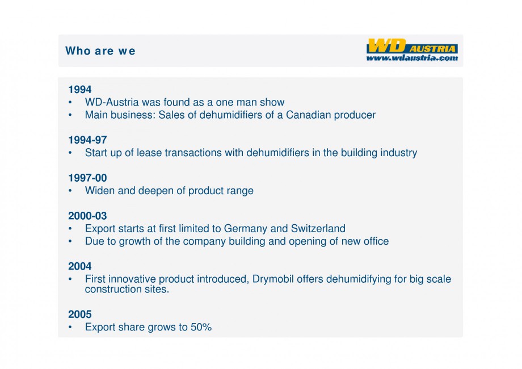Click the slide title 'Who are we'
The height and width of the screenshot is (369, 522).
pos(100,51)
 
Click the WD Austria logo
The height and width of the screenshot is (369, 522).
pos(412,45)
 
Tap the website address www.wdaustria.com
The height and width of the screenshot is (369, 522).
pos(412,57)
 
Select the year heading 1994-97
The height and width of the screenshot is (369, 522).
pos(87,140)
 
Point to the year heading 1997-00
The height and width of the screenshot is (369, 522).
pos(87,178)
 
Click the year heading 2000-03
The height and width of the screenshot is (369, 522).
pos(87,216)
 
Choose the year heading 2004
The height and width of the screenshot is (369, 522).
pos(80,266)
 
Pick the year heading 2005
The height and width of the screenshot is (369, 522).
pos(80,315)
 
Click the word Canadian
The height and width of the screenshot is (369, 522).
pos(309,115)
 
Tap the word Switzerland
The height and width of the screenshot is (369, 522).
pos(318,229)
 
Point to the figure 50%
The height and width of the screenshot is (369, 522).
pos(200,328)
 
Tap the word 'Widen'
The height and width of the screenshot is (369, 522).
pos(99,191)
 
